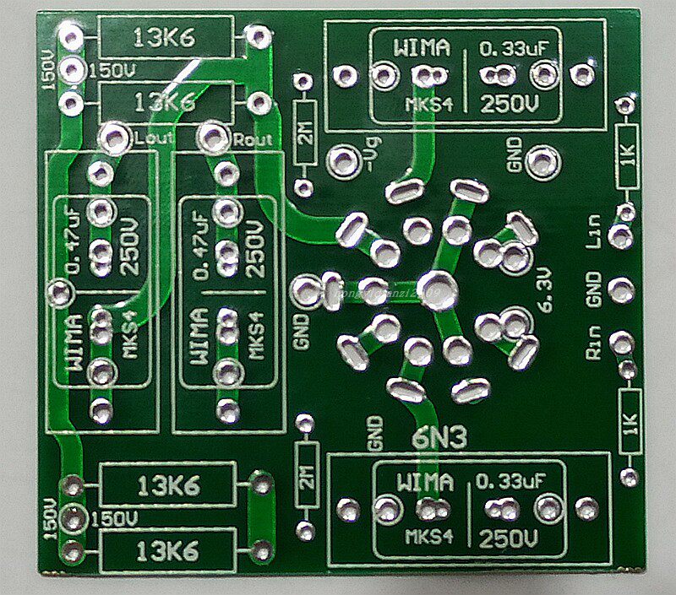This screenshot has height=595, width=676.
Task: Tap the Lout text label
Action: coord(154,138)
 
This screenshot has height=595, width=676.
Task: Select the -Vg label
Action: coord(370,154)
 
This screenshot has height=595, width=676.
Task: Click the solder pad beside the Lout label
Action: coord(112,134)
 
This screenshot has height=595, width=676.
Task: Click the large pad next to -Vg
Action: coord(341,159)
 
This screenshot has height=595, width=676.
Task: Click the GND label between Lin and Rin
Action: coord(593,289)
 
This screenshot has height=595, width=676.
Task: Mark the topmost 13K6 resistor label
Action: coord(163,37)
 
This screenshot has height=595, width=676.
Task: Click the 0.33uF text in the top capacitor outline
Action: coord(509,49)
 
